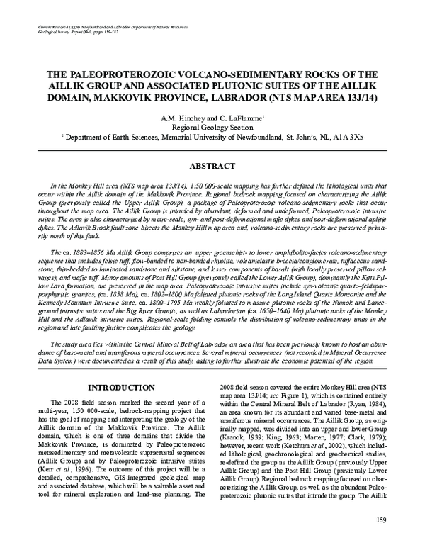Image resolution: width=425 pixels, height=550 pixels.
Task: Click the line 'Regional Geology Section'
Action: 212,126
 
